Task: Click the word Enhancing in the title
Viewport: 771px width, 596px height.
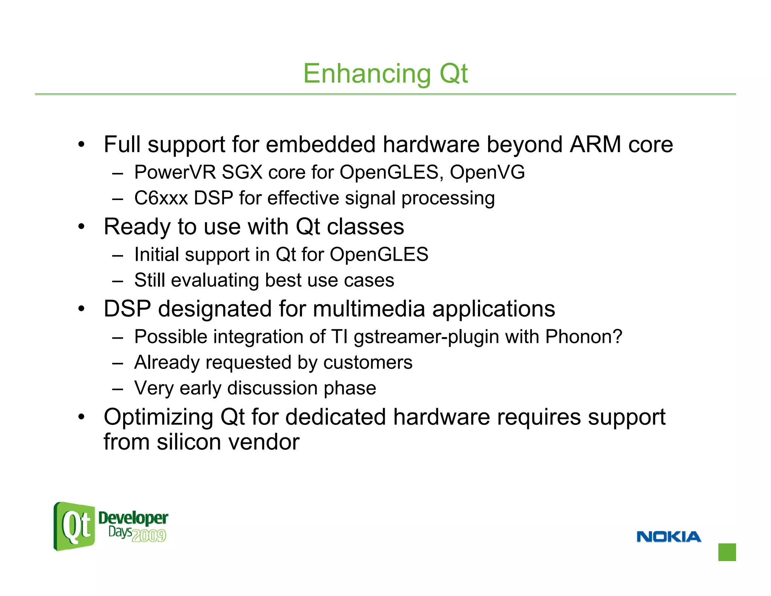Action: click(x=367, y=74)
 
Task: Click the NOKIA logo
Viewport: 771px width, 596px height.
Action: click(x=669, y=537)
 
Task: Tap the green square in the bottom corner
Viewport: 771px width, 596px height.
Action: click(x=727, y=552)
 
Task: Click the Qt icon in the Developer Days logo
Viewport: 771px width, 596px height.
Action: click(x=75, y=526)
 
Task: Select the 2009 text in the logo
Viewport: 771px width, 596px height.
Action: click(x=149, y=535)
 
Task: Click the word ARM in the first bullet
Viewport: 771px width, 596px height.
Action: click(x=595, y=144)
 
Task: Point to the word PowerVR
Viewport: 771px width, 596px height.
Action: click(x=175, y=173)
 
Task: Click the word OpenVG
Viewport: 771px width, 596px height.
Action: click(x=487, y=173)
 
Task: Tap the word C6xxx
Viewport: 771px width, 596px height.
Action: click(x=161, y=198)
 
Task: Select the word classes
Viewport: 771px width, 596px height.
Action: click(x=365, y=227)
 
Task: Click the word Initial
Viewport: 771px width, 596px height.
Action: click(x=157, y=255)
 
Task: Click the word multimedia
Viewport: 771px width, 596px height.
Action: click(x=369, y=309)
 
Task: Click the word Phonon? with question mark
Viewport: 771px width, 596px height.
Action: click(x=584, y=336)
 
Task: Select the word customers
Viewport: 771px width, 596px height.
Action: click(x=368, y=363)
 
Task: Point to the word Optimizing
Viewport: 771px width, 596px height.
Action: click(x=158, y=417)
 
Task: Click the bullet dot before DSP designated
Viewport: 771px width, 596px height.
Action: click(x=81, y=309)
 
